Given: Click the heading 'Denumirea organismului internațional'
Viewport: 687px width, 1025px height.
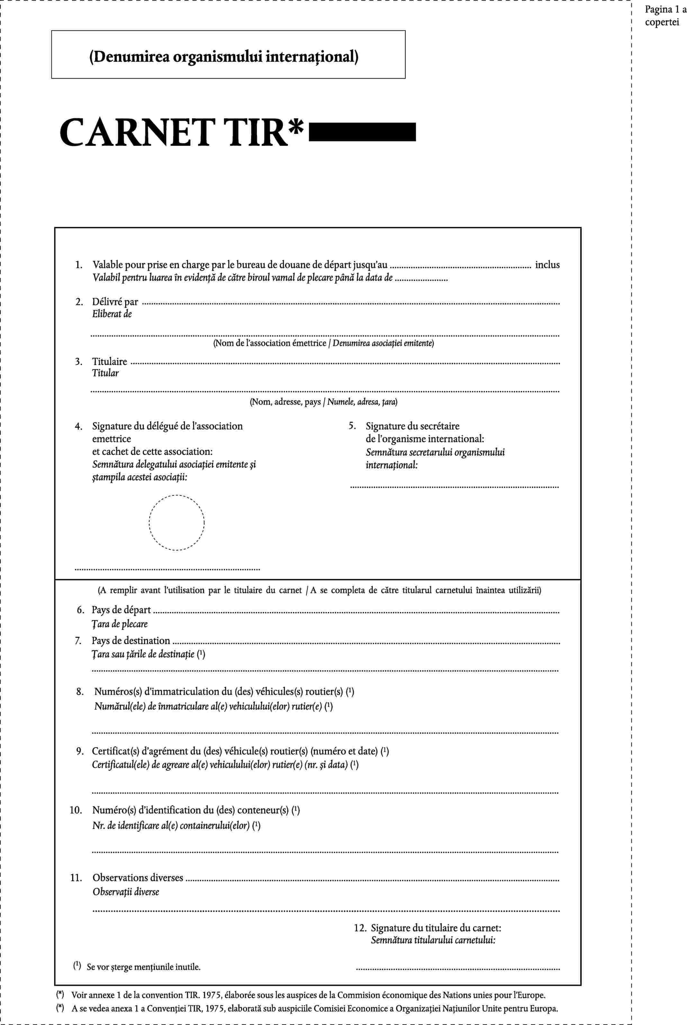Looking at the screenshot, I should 224,57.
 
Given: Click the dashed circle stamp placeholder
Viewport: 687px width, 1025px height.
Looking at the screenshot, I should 176,522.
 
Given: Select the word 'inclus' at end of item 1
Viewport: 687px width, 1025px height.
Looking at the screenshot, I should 547,265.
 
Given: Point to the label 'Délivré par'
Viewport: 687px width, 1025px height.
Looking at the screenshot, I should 115,301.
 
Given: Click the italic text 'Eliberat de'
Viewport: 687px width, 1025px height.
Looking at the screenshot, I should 112,314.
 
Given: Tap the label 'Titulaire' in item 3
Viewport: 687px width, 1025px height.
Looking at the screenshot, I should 110,362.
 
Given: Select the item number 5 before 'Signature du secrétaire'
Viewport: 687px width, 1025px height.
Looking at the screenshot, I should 352,426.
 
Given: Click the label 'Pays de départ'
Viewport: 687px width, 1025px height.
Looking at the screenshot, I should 121,609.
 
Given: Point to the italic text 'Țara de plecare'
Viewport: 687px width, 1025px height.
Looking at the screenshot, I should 120,624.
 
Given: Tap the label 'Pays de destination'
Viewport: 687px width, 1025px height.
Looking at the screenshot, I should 130,640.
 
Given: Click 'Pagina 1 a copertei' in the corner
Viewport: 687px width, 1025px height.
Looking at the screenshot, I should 664,16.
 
